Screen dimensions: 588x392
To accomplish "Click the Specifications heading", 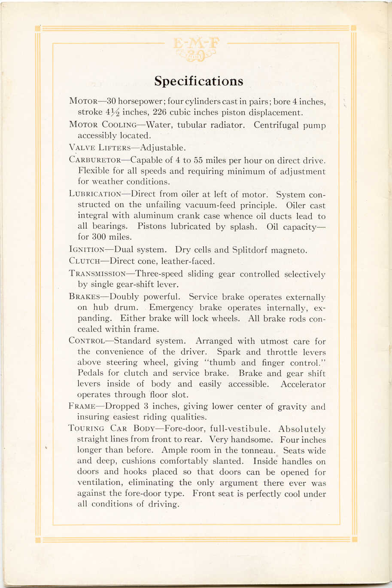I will click(x=198, y=81).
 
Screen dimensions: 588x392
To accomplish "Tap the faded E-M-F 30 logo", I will click(x=196, y=49).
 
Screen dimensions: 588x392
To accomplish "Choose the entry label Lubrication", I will click(x=95, y=194).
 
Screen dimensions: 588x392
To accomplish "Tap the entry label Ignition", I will click(x=87, y=250).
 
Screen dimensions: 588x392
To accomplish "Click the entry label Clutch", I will click(x=84, y=261).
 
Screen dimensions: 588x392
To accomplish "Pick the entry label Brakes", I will click(x=84, y=297).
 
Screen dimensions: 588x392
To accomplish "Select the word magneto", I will click(x=292, y=250).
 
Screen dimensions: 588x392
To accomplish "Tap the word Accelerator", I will click(x=303, y=385).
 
